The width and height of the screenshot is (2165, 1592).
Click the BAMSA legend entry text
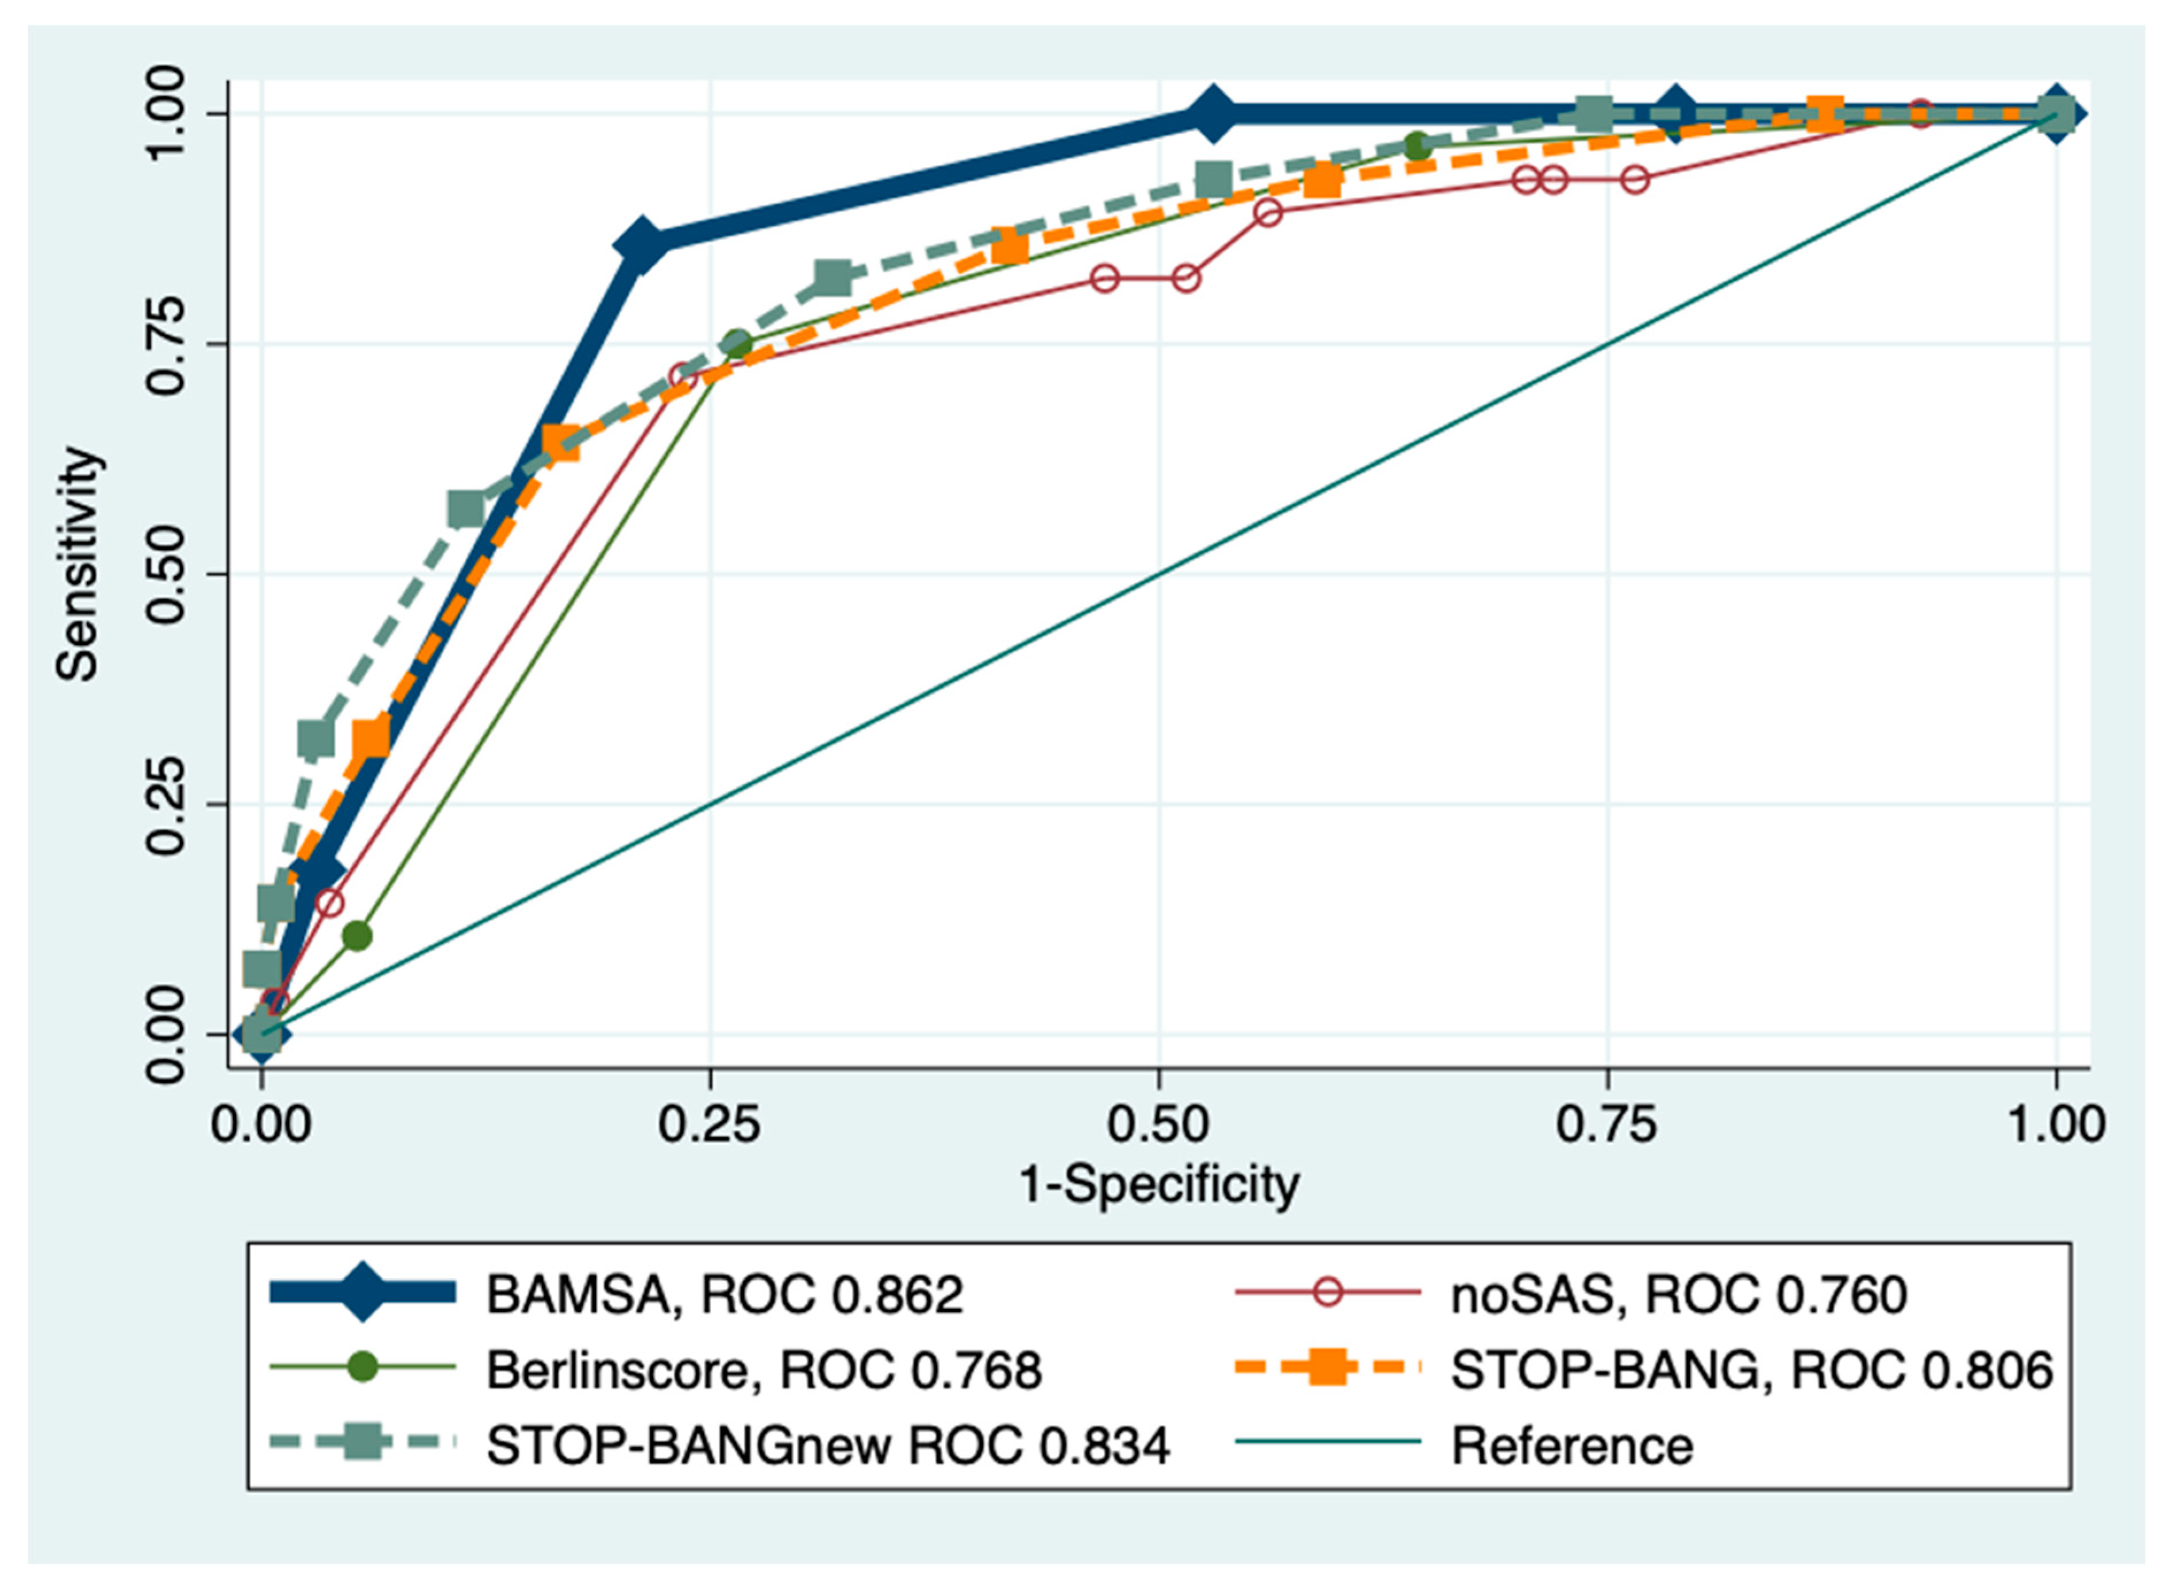[723, 1294]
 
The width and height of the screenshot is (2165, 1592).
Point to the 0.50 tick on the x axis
[1158, 1124]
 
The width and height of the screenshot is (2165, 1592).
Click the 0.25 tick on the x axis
[709, 1124]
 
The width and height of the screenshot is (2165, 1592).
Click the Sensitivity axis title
[77, 565]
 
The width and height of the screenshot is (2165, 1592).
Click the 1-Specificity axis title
[1158, 1184]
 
